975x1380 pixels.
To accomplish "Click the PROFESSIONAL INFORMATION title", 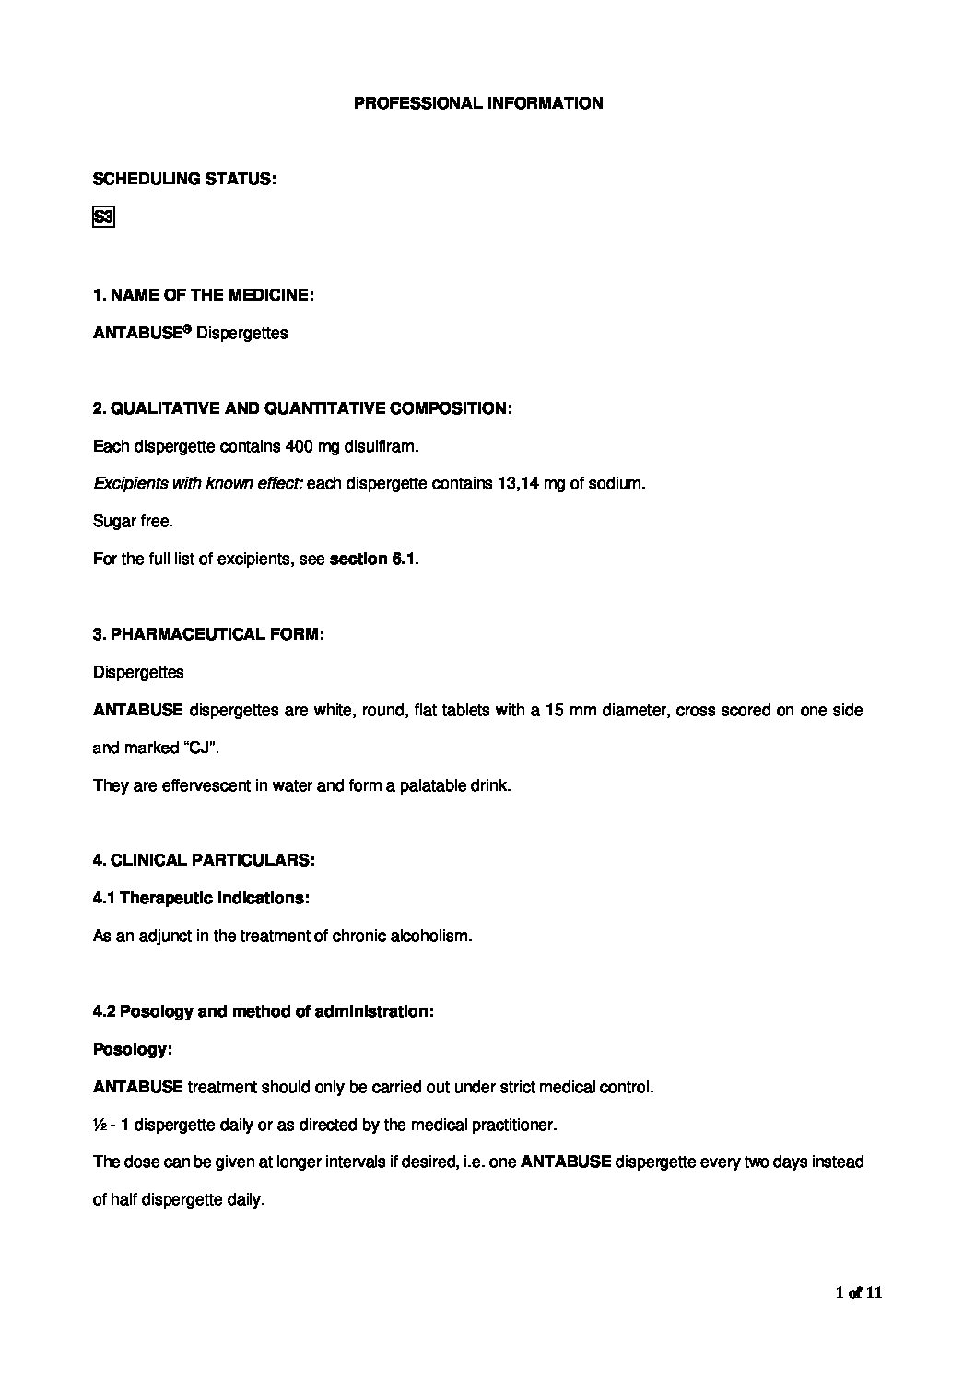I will [478, 103].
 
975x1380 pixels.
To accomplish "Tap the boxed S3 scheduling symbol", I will [103, 218].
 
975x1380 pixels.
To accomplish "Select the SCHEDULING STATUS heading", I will [184, 179].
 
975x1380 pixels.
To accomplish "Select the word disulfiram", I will [381, 446].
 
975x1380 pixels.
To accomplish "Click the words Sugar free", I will [133, 521].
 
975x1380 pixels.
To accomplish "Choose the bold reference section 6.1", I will [371, 559].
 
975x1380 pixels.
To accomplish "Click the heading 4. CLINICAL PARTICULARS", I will [204, 860].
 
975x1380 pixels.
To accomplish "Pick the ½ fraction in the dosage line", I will [99, 1125].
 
